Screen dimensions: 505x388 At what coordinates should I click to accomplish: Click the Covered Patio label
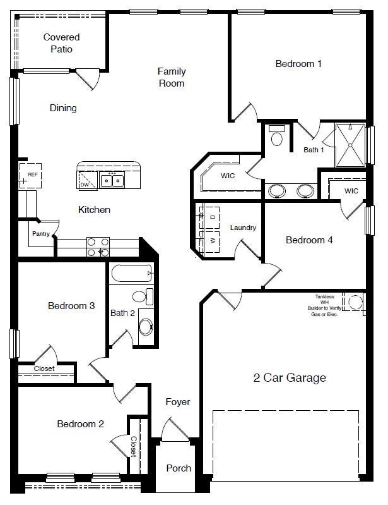[61, 43]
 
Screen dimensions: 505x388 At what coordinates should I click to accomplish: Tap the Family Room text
[171, 77]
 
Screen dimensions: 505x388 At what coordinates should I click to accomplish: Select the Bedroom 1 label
[299, 63]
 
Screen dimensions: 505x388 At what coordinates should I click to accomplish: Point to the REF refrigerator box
[31, 175]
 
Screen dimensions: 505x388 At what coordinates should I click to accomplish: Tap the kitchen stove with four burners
[98, 246]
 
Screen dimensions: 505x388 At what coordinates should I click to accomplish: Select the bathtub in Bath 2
[131, 274]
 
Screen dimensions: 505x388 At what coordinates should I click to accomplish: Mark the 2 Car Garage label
[290, 378]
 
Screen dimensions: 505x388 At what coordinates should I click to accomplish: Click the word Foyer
[178, 402]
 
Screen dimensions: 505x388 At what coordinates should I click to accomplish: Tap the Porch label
[179, 468]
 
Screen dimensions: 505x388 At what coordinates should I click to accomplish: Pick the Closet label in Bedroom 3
[44, 368]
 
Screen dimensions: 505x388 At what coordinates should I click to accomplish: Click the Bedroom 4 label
[309, 240]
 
